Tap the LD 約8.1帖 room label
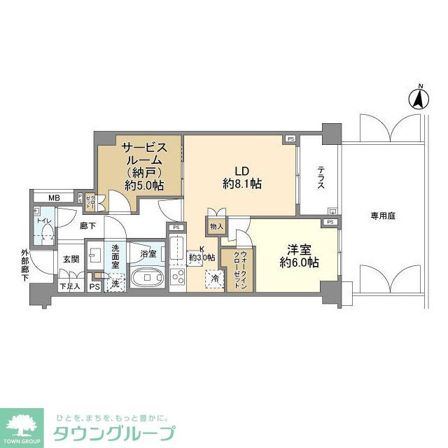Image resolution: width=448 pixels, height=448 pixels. [242, 177]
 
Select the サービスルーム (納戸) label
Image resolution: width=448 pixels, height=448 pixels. [144, 166]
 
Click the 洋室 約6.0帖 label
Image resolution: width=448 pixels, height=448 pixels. [299, 255]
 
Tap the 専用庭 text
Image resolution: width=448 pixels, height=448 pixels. [382, 216]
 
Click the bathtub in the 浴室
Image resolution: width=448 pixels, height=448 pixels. [148, 277]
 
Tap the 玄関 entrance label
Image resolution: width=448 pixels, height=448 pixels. [71, 260]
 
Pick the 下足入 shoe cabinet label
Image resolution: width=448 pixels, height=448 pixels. [69, 286]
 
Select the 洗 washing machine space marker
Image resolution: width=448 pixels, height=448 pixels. [115, 284]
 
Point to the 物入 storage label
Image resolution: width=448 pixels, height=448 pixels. [216, 226]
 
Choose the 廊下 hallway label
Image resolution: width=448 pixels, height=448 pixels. [87, 226]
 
